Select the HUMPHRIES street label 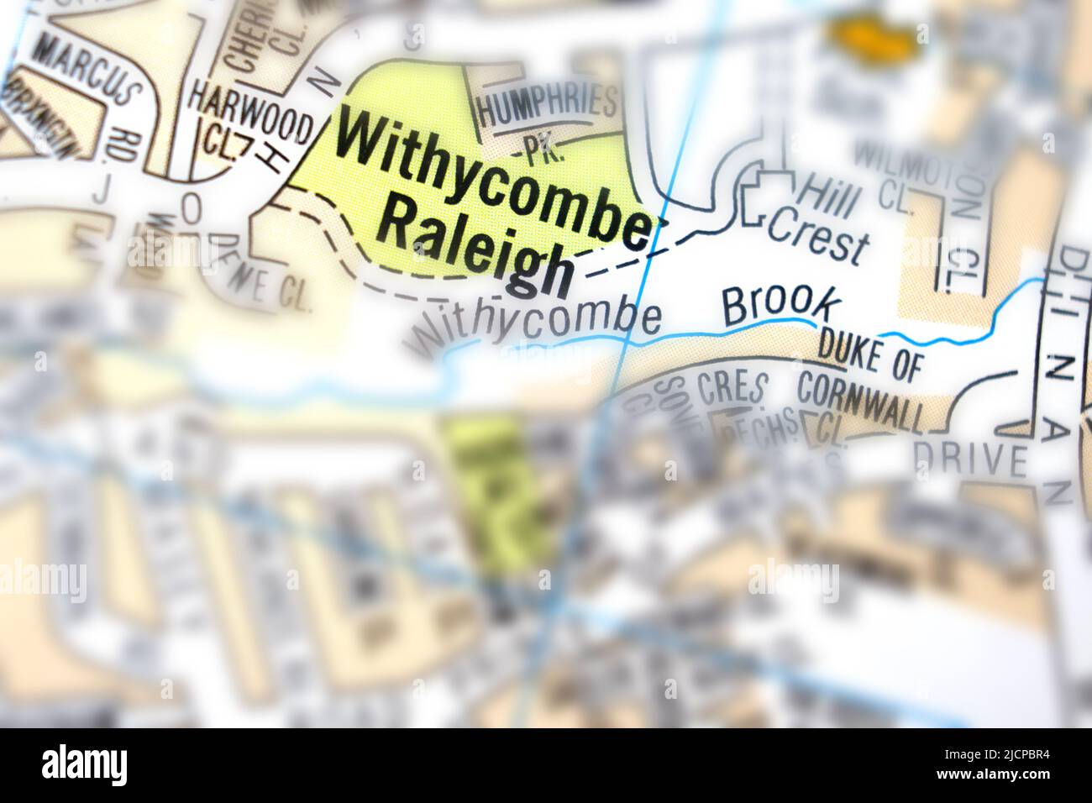pyautogui.click(x=546, y=105)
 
